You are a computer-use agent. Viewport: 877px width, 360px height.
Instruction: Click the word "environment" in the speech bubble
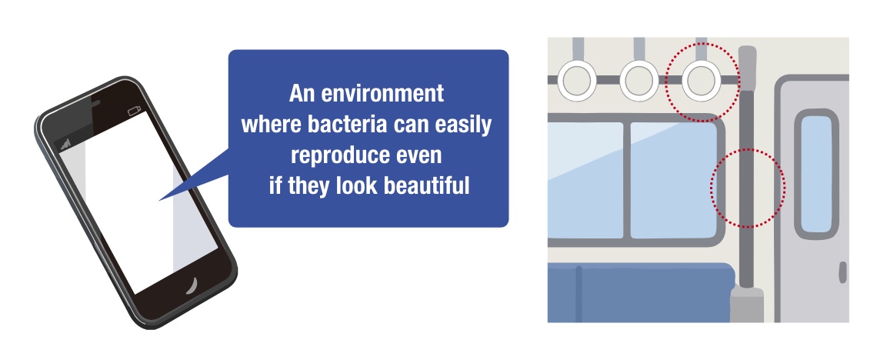coord(382,93)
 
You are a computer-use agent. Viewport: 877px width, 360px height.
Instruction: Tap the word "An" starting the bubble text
coord(302,93)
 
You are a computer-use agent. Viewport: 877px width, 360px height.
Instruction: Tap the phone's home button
coord(192,285)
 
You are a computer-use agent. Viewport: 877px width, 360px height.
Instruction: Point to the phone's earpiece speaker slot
coord(95,103)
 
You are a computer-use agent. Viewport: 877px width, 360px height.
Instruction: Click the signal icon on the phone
coord(65,145)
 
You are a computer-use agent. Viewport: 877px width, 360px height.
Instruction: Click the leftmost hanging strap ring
coord(578,81)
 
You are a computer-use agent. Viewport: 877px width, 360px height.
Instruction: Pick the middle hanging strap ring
coord(639,81)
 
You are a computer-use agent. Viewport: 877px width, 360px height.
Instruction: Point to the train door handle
coord(843,272)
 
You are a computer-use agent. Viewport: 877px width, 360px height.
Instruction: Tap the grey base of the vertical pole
coord(747,305)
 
